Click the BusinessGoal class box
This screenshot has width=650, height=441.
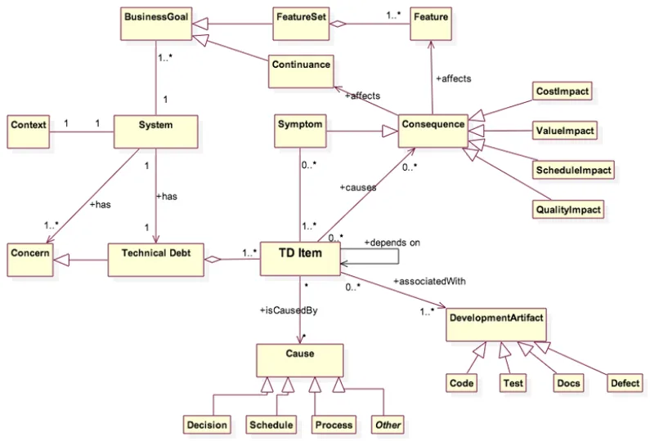156,24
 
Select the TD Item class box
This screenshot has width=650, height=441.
300,259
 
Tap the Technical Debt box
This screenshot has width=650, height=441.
156,260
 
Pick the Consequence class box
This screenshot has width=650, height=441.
433,131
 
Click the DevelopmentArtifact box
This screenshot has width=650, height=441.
496,325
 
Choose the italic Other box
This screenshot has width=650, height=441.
388,425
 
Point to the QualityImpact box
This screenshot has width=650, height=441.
568,209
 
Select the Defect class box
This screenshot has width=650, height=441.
625,383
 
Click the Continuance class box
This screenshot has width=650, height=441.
301,71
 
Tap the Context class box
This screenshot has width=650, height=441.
28,131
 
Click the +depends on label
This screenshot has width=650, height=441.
392,243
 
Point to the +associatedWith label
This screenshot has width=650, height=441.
429,281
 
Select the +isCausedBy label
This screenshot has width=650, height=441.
289,310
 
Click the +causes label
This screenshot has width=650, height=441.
358,188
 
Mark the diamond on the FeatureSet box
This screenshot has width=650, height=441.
338,24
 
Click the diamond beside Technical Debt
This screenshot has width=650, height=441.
213,260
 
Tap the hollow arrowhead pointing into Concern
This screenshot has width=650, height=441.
61,260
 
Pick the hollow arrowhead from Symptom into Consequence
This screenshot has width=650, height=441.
390,131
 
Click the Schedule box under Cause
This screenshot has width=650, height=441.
271,425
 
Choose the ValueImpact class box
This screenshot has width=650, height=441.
565,131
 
